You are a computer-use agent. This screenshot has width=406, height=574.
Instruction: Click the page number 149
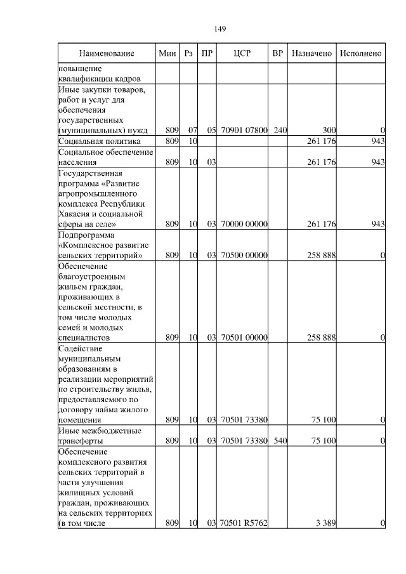click(x=220, y=29)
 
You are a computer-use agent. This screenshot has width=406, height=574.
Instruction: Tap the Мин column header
click(x=167, y=54)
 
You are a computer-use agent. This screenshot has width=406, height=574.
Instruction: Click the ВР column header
click(x=277, y=54)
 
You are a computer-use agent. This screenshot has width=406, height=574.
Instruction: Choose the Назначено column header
click(x=311, y=54)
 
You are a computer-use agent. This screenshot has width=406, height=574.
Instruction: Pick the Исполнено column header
click(x=360, y=54)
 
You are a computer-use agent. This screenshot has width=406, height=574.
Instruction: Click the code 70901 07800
click(x=244, y=130)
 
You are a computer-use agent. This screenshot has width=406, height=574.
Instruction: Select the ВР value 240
click(x=280, y=130)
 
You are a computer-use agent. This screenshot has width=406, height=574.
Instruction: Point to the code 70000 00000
click(x=244, y=224)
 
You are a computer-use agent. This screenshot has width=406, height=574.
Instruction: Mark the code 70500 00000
click(x=244, y=255)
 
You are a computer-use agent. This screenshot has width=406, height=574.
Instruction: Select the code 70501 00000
click(x=244, y=338)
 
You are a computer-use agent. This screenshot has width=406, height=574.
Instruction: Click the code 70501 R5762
click(x=244, y=523)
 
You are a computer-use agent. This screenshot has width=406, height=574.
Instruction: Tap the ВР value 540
click(x=280, y=440)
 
